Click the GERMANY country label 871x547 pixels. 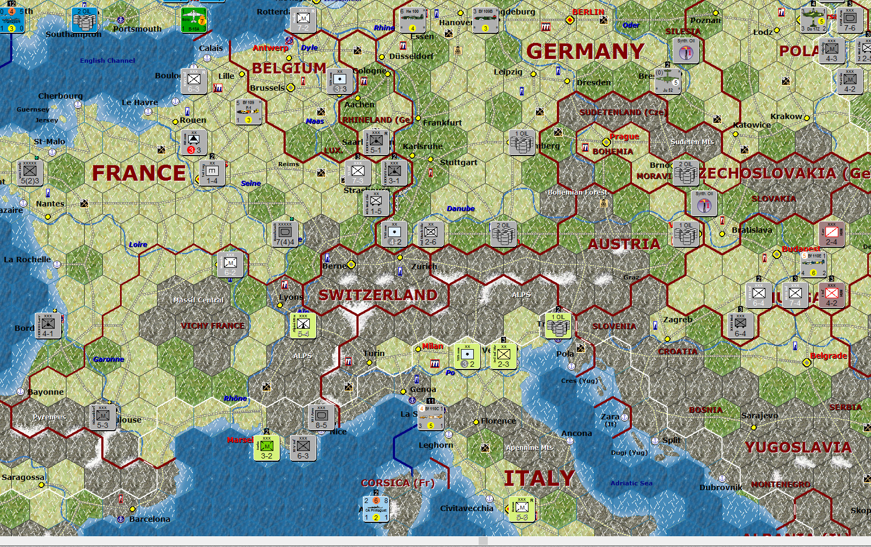tap(585, 51)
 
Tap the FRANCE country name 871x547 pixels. tap(139, 173)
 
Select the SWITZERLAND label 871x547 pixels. tap(378, 295)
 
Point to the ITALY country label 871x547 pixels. tap(539, 478)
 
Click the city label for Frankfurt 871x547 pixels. tap(442, 123)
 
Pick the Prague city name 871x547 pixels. tap(624, 137)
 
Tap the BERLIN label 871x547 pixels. tap(588, 12)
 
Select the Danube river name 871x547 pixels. tap(460, 209)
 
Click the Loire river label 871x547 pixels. tap(138, 245)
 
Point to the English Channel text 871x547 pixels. tap(107, 61)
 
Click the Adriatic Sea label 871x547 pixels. tap(631, 483)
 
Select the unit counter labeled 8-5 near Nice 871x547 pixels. tap(321, 417)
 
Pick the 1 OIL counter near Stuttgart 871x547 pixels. tap(522, 142)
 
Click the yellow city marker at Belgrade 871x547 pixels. tap(807, 363)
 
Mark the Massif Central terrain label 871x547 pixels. tap(198, 300)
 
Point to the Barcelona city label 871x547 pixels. tap(150, 519)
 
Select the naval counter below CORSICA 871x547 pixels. tap(376, 508)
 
